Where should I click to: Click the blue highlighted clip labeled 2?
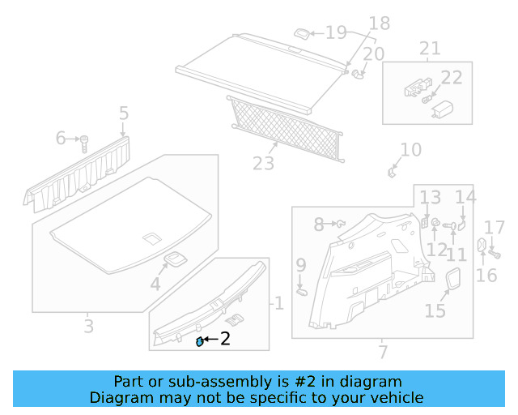click(200, 341)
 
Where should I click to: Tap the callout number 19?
click(335, 33)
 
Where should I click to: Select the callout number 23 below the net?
click(264, 164)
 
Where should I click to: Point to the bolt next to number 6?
click(84, 143)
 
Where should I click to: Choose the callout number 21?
click(430, 49)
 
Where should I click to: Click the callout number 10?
click(411, 150)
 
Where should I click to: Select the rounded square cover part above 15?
click(452, 280)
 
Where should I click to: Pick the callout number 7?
click(383, 352)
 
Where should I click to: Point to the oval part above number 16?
click(479, 245)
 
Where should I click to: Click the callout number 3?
click(88, 327)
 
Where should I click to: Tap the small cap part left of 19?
click(299, 33)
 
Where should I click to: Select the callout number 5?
click(123, 113)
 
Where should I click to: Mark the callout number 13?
click(431, 197)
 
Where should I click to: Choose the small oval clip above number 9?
click(301, 289)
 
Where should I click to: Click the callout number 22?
click(452, 78)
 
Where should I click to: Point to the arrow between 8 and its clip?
click(330, 223)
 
